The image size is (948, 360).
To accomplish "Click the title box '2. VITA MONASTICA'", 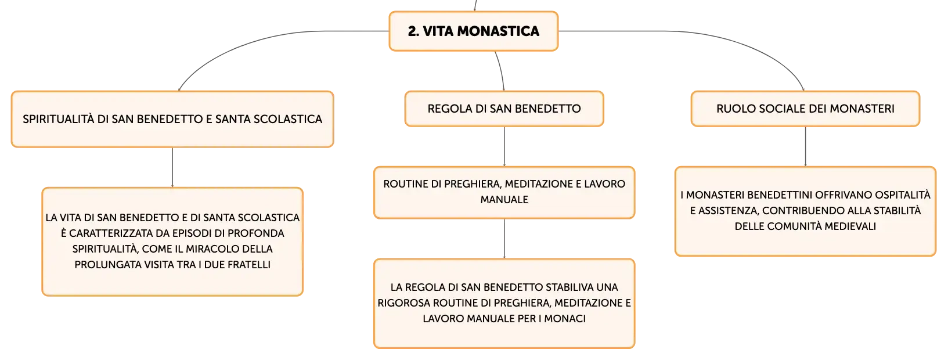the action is click(474, 31).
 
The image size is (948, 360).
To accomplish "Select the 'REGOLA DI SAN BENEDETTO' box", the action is click(504, 109).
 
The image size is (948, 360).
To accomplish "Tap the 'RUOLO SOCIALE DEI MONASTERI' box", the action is click(805, 109).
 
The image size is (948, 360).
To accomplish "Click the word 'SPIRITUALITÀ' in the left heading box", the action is click(59, 119).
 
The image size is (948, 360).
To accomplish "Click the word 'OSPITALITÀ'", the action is click(903, 195).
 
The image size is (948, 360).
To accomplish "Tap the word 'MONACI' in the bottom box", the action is click(565, 319).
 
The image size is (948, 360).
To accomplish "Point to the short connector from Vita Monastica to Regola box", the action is click(501, 70).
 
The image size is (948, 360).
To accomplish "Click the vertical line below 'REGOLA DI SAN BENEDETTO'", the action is click(504, 146).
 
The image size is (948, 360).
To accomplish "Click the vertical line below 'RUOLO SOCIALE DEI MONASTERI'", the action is click(805, 146).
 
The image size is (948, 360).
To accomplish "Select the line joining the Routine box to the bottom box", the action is click(504, 239).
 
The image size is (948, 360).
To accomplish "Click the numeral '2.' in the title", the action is click(413, 31).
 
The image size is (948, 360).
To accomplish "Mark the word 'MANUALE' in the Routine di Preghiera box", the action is click(504, 200).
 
